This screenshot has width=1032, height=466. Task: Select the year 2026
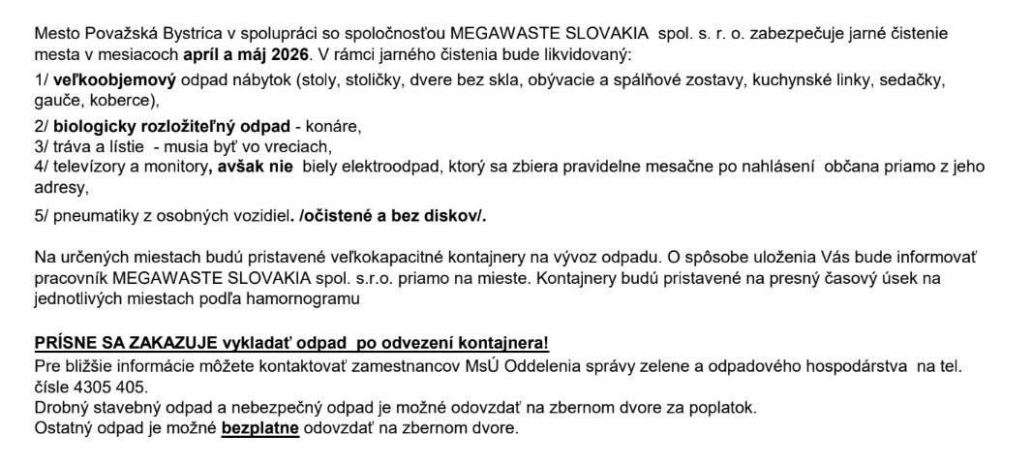click(302, 51)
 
